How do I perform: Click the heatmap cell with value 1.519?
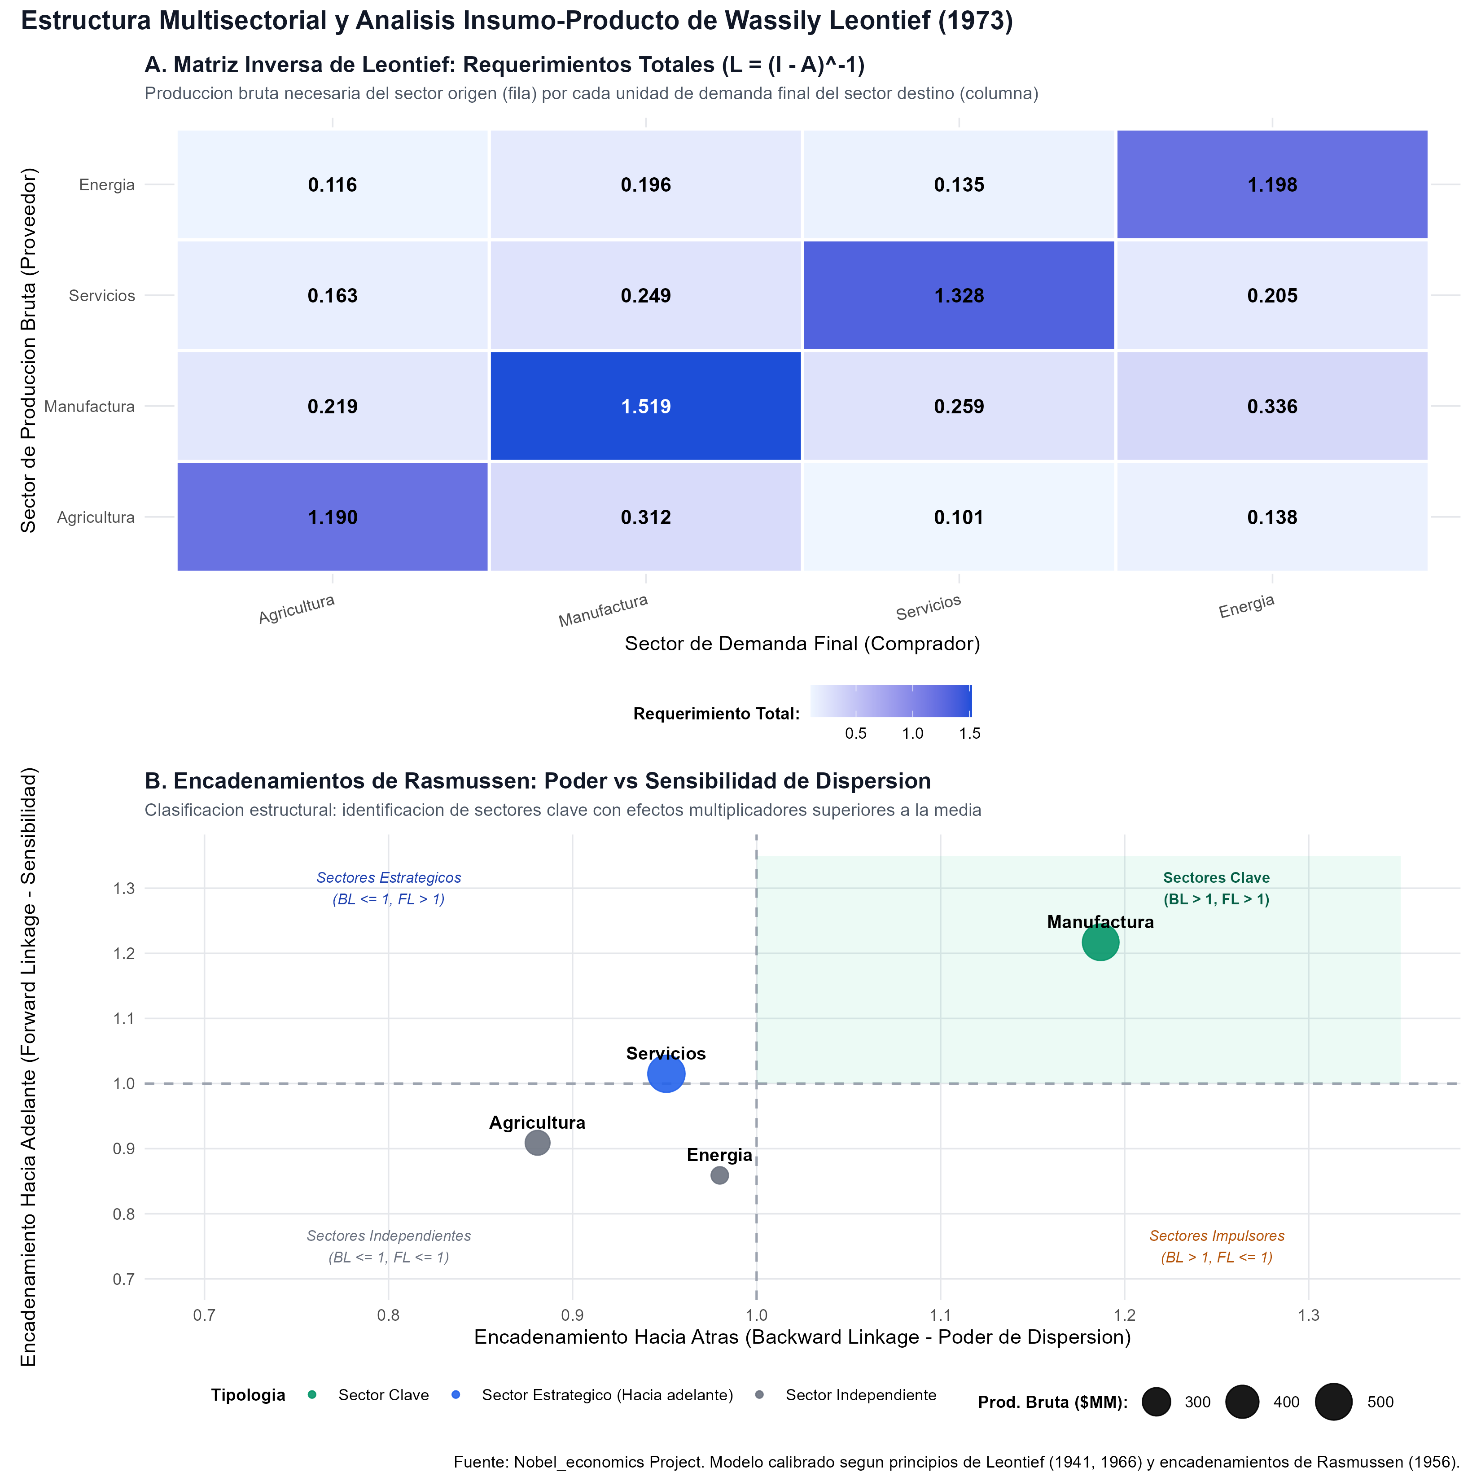645,406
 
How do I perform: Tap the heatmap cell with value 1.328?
959,295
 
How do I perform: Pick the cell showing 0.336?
1272,406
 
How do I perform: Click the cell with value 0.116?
333,185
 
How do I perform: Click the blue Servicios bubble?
666,1073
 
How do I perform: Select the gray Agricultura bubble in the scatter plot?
537,1143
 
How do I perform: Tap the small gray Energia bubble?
719,1175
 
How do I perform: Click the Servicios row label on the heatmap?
102,296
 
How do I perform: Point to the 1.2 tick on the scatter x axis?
1125,1315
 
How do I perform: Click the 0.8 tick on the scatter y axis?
123,1214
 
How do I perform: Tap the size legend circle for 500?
1334,1402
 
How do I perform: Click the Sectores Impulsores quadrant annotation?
1217,1246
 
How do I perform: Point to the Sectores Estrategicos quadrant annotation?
389,889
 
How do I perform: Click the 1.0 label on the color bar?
912,734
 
